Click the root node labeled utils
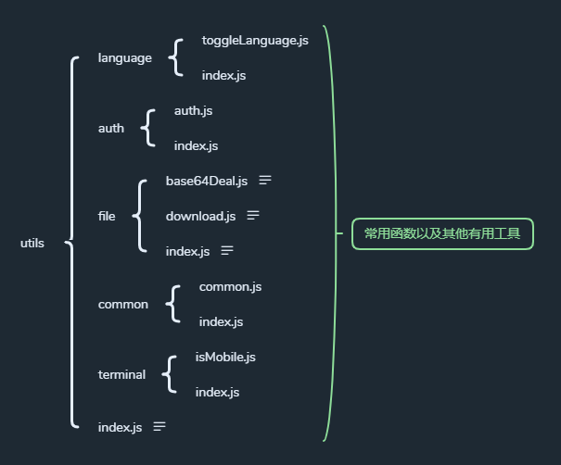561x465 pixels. (x=32, y=244)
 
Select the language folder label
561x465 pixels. (x=125, y=58)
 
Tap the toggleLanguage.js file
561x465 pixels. (x=254, y=41)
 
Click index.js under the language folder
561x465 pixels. (x=223, y=75)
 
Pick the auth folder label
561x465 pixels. (x=110, y=129)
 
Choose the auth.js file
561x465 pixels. (x=194, y=110)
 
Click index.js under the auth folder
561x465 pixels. (x=196, y=145)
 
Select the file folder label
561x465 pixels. (x=107, y=216)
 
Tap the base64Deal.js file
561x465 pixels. (x=207, y=181)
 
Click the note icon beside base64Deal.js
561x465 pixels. (x=265, y=180)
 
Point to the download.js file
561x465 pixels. (x=200, y=216)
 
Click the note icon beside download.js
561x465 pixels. (x=252, y=215)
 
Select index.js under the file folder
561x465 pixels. (x=187, y=251)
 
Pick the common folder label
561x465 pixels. (x=123, y=304)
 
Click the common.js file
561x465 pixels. (x=230, y=287)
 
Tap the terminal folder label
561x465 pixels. (x=121, y=375)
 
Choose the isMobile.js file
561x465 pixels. (x=225, y=357)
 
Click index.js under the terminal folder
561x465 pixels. (x=217, y=392)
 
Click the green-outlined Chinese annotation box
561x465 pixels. (x=442, y=234)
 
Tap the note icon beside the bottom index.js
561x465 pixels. (x=159, y=426)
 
